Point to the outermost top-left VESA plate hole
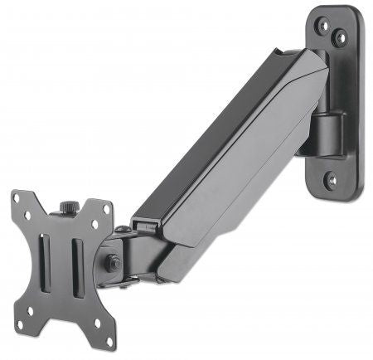(x=17, y=199)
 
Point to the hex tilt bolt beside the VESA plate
(x=112, y=263)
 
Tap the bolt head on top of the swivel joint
(x=122, y=229)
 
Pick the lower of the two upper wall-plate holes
(x=338, y=37)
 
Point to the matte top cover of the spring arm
(x=216, y=133)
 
